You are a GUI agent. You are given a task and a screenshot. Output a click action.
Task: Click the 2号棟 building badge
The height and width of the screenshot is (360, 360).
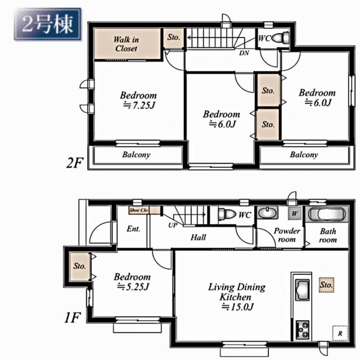tap(47, 24)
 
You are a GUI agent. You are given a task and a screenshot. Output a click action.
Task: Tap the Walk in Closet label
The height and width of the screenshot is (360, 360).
tap(126, 44)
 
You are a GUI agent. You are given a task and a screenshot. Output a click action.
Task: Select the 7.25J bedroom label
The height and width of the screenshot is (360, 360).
tap(138, 100)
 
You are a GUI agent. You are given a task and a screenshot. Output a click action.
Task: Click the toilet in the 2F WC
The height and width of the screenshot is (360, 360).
tap(280, 38)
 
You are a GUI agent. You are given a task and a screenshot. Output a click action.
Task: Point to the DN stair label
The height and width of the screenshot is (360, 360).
tap(244, 53)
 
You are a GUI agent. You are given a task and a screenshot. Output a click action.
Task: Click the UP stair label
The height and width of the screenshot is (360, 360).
tap(173, 225)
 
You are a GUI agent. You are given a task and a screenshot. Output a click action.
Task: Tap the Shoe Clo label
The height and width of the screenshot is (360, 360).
tap(139, 210)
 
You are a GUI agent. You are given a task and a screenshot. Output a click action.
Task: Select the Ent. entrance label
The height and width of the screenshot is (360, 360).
tap(133, 229)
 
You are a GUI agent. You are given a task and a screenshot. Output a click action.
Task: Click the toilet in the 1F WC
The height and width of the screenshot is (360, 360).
tap(227, 214)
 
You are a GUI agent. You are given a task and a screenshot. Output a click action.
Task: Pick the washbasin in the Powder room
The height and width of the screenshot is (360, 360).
tap(267, 213)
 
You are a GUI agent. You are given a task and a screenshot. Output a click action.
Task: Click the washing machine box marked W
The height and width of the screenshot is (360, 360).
tap(295, 214)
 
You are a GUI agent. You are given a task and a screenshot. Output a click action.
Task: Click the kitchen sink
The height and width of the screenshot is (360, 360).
tap(302, 290)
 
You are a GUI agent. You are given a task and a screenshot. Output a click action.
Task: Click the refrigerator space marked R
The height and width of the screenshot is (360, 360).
tap(340, 333)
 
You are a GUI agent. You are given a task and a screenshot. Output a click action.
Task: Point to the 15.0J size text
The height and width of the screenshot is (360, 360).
tap(237, 307)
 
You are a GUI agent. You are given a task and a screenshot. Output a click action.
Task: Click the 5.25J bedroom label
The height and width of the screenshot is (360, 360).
tap(132, 281)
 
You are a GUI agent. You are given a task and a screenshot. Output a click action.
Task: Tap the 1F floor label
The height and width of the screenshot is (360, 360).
tap(73, 318)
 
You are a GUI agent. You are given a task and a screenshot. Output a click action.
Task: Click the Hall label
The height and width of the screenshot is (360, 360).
tap(198, 237)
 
